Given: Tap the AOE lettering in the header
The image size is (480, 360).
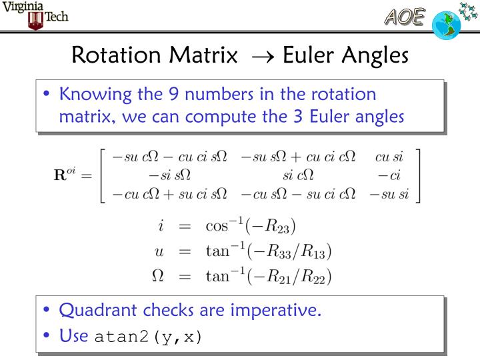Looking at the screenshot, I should (403, 17).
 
